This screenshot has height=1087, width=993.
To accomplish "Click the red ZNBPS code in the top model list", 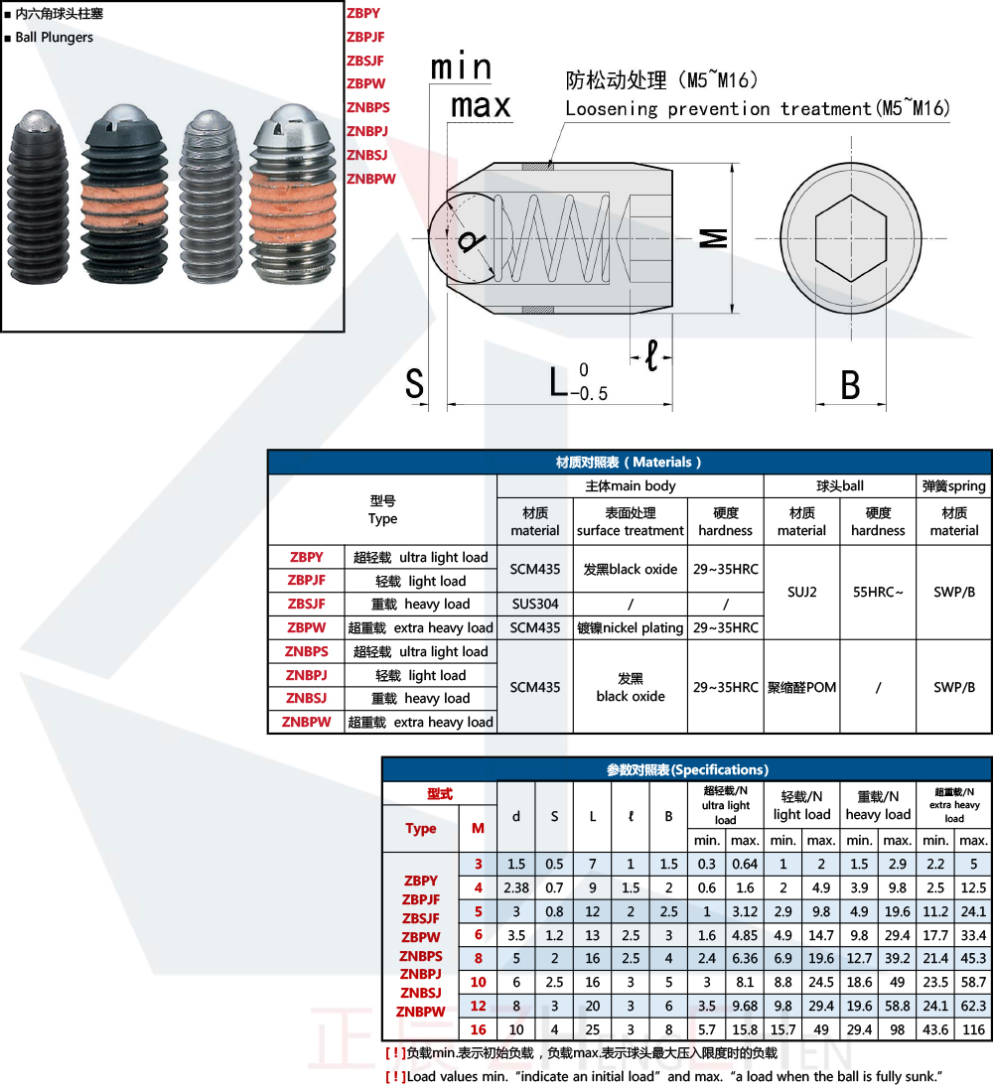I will (367, 107).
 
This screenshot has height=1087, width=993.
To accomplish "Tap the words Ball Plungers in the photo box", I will (55, 38).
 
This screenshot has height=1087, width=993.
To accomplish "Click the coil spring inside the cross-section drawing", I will (561, 238).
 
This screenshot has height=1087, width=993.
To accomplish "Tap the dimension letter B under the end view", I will (850, 385).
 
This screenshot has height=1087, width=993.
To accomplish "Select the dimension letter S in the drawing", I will (415, 383).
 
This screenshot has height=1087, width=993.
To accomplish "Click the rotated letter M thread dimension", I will (714, 238).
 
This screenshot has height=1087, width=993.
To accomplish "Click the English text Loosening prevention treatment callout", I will (757, 108).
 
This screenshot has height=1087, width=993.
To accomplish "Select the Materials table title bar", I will (630, 463).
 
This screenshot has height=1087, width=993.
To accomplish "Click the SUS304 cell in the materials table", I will (534, 605).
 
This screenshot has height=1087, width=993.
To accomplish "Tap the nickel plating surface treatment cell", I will (631, 628).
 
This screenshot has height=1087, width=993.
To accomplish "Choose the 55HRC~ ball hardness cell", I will (878, 592).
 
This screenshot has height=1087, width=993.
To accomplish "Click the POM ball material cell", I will (801, 687).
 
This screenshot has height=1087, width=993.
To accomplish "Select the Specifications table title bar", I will (686, 769).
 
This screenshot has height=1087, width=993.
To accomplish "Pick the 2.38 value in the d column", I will (515, 887).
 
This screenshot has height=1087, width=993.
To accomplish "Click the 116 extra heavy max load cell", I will (973, 1030).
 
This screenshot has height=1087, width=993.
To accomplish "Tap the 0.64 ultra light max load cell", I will (745, 864).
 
